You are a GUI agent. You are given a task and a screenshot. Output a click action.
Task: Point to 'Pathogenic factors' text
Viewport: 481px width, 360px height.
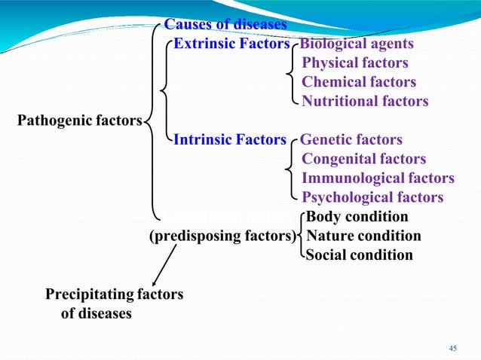click(79, 120)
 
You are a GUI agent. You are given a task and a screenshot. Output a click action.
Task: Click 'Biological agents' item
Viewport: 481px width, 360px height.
click(357, 44)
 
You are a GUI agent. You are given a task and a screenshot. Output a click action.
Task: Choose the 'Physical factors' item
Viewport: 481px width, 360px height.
click(355, 63)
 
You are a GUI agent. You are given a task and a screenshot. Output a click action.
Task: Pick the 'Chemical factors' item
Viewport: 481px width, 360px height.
click(359, 82)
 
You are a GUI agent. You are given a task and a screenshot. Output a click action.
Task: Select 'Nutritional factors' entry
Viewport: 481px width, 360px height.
click(365, 101)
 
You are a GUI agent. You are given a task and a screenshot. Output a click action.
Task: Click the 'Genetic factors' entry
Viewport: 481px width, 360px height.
click(351, 140)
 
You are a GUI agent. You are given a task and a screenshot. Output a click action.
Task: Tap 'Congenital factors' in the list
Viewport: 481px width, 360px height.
click(363, 159)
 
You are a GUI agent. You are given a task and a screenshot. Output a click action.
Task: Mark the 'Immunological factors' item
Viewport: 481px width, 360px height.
click(378, 178)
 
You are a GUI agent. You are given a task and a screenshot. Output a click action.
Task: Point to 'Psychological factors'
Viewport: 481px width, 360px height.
click(372, 197)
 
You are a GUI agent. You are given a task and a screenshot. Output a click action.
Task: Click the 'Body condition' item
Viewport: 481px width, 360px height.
click(357, 217)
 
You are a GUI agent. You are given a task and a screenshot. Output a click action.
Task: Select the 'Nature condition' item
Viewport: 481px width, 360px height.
click(363, 236)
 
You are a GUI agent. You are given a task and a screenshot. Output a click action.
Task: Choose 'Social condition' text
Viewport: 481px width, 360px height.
click(359, 255)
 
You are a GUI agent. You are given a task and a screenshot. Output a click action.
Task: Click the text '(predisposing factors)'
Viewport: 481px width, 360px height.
click(222, 236)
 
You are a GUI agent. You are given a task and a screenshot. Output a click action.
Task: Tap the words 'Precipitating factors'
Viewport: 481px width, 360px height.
click(114, 294)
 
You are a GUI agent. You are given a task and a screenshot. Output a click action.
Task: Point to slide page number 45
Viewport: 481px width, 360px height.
click(452, 348)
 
